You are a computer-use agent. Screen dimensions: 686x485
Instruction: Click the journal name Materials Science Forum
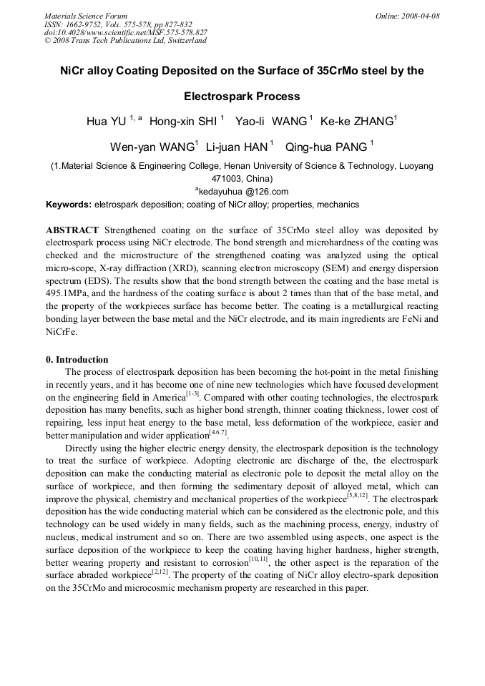86,16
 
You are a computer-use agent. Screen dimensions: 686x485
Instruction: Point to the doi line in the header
126,32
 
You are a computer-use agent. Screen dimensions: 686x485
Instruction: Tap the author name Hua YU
106,122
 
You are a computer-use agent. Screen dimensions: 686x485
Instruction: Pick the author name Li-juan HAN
236,148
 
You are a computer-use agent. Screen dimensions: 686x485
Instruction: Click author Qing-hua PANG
326,148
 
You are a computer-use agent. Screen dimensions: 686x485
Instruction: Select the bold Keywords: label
69,205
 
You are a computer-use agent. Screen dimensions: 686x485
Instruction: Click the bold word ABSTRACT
72,230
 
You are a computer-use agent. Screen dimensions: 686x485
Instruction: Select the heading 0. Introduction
77,359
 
